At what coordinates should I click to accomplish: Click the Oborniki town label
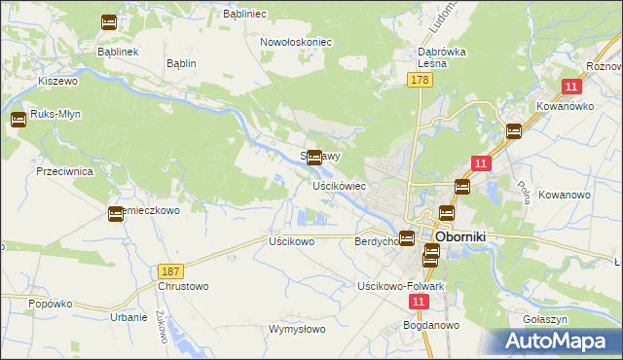[466, 236]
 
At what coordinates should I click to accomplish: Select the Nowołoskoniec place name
[297, 42]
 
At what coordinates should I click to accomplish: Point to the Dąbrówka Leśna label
[444, 56]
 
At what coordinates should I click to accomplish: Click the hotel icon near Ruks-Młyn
[18, 121]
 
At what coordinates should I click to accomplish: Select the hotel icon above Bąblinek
[108, 21]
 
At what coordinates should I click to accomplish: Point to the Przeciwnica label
[63, 170]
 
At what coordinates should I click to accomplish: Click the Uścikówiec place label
[339, 185]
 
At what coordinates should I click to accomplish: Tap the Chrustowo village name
[183, 286]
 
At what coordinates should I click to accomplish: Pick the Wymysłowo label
[295, 330]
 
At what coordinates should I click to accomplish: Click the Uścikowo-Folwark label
[401, 286]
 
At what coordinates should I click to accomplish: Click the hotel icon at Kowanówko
[513, 131]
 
